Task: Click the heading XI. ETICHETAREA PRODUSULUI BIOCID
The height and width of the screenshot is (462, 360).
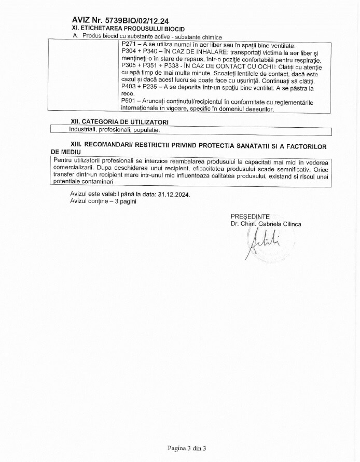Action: pyautogui.click(x=128, y=29)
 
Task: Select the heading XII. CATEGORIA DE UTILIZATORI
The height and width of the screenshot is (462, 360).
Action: pyautogui.click(x=119, y=121)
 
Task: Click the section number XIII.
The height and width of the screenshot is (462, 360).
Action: pyautogui.click(x=77, y=147)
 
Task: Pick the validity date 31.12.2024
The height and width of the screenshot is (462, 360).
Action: pyautogui.click(x=174, y=195)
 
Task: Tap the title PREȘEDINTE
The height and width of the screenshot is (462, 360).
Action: pyautogui.click(x=250, y=216)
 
